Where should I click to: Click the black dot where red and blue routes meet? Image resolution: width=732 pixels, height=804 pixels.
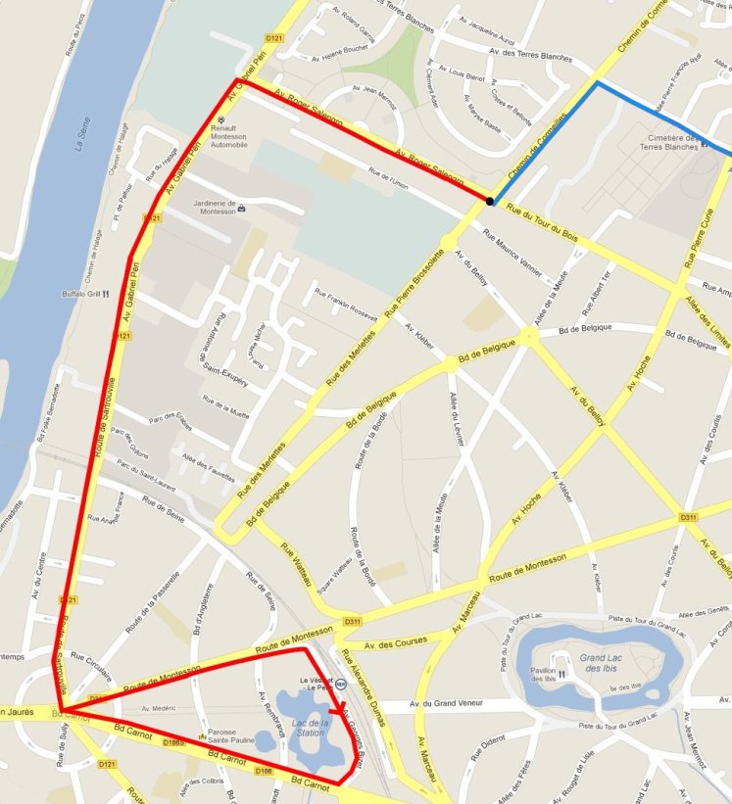489,202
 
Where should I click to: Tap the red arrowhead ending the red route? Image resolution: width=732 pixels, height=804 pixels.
339,714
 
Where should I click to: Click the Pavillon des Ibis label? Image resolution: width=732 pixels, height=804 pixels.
549,675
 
